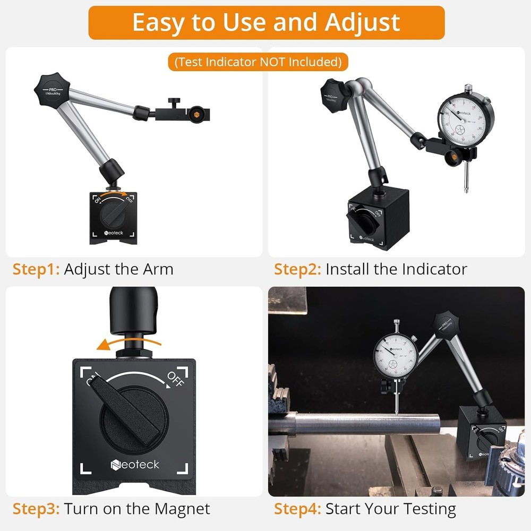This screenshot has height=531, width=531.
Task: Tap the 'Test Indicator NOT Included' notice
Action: click(258, 62)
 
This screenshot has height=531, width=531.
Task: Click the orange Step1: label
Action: click(36, 269)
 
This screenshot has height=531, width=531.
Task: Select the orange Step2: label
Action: click(297, 269)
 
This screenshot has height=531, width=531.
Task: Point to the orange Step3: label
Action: click(36, 509)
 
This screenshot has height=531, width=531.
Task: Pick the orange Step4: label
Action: click(297, 509)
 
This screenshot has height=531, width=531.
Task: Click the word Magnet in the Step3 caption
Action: click(182, 509)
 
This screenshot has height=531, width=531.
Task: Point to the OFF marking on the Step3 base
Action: click(175, 379)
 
